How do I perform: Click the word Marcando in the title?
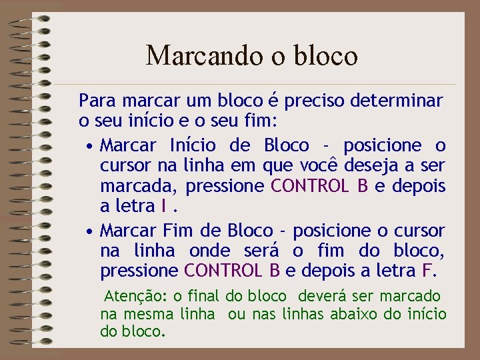(189, 55)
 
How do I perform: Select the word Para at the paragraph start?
(96, 101)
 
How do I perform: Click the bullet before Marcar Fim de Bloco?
(89, 231)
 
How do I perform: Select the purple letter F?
(427, 271)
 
